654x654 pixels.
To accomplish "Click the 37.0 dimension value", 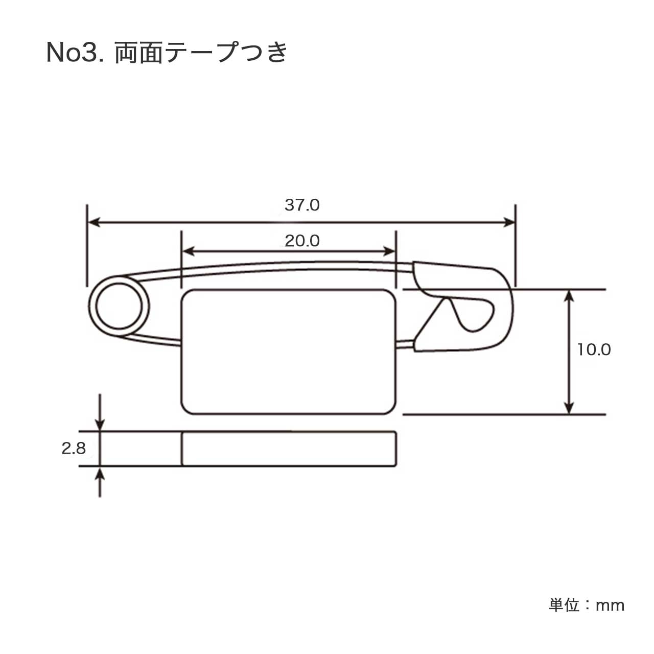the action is tap(302, 205).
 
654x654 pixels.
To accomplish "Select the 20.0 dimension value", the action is tap(302, 241).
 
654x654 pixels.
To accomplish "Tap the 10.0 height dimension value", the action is tap(594, 349).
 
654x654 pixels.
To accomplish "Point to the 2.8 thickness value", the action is tap(74, 449).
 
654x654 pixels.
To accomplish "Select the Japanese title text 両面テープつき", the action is tap(201, 53).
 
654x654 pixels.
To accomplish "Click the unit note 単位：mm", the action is tap(587, 605).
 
